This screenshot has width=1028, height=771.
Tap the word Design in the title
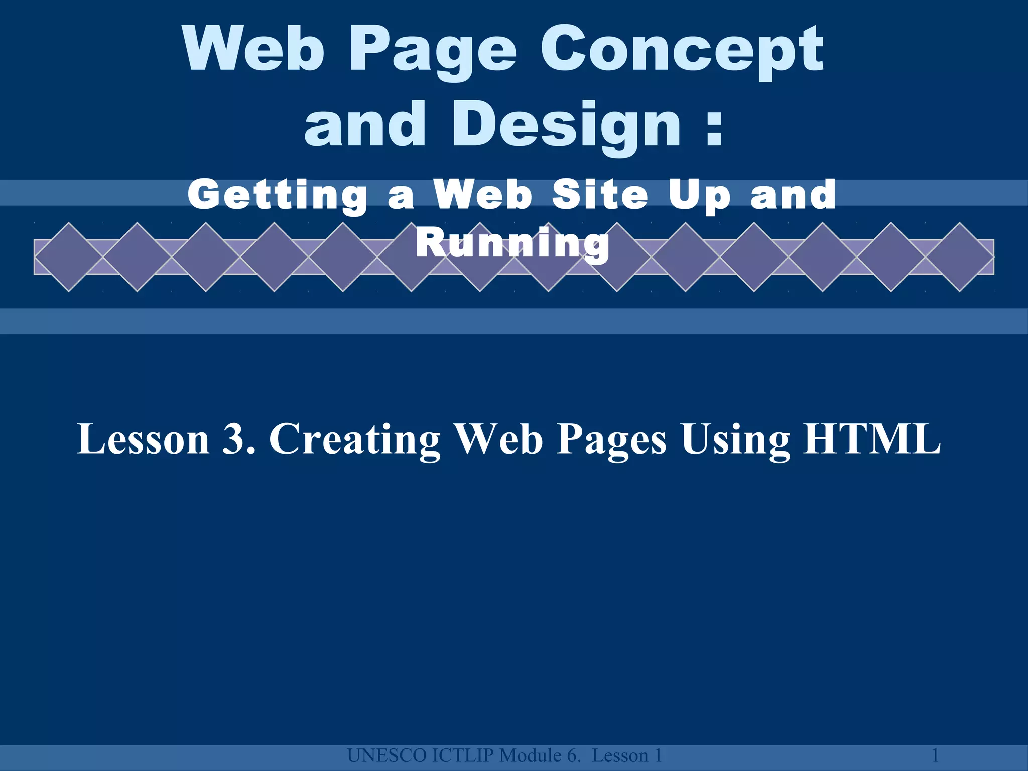pyautogui.click(x=567, y=125)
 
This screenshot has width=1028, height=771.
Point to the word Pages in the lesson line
pyautogui.click(x=612, y=440)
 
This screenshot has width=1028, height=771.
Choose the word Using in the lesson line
pyautogui.click(x=735, y=440)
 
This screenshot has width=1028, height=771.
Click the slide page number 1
pyautogui.click(x=935, y=755)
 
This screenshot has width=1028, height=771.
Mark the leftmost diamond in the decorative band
pyautogui.click(x=69, y=257)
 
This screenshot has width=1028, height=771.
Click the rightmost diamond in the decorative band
pyautogui.click(x=959, y=257)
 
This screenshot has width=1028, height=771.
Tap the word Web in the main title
pyautogui.click(x=254, y=50)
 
